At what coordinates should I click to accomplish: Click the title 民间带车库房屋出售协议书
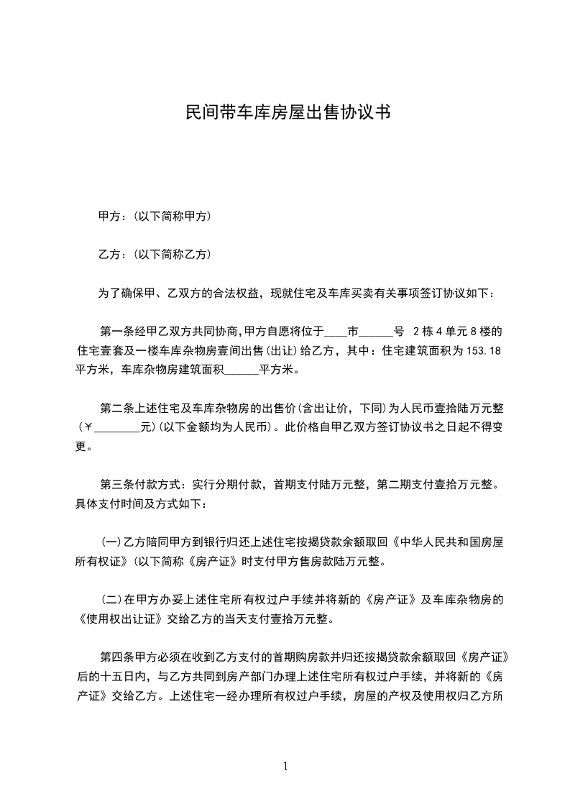[x=288, y=113]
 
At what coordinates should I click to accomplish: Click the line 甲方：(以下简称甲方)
[x=154, y=216]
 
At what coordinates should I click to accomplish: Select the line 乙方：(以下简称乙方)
[x=154, y=255]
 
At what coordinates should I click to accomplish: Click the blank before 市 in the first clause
[x=336, y=332]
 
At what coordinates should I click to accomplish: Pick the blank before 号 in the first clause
[x=376, y=332]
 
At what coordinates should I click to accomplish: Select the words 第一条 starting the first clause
[x=116, y=332]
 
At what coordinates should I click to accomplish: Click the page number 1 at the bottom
[x=285, y=766]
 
